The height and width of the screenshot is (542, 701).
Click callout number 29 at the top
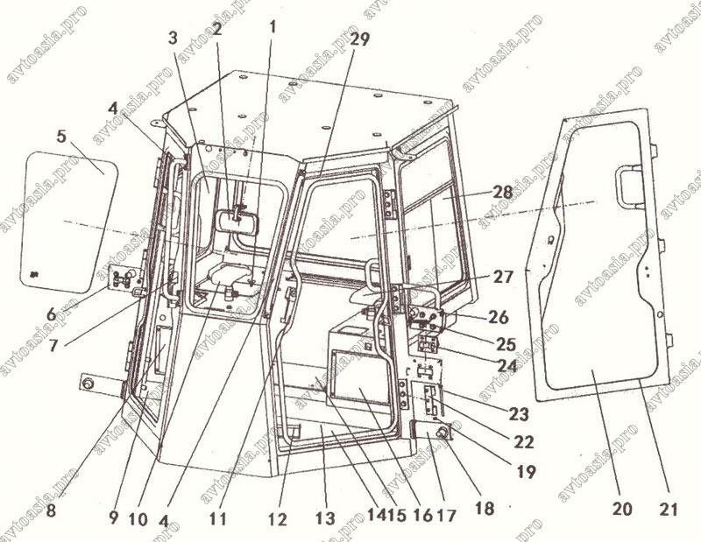[x=360, y=39]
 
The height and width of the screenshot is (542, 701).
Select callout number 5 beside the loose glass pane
[x=61, y=137]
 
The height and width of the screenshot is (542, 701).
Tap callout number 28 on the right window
[x=502, y=192]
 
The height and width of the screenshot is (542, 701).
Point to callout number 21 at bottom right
[x=669, y=509]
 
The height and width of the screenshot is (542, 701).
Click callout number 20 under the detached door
[x=623, y=509]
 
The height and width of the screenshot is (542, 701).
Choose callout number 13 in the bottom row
[x=325, y=517]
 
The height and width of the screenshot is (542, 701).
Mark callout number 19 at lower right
[x=526, y=471]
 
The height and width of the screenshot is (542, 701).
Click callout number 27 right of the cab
[x=503, y=277]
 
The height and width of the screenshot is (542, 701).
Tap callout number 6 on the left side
[x=52, y=314]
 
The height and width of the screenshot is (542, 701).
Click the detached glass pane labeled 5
[x=69, y=222]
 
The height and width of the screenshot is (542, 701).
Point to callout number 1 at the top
[x=273, y=27]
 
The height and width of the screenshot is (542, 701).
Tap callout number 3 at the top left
[x=173, y=39]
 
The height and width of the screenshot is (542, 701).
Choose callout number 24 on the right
[x=507, y=366]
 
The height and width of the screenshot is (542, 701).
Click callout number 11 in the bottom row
[x=217, y=518]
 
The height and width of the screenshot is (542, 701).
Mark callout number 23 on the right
[x=519, y=414]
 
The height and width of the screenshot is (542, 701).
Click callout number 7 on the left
[x=53, y=345]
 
